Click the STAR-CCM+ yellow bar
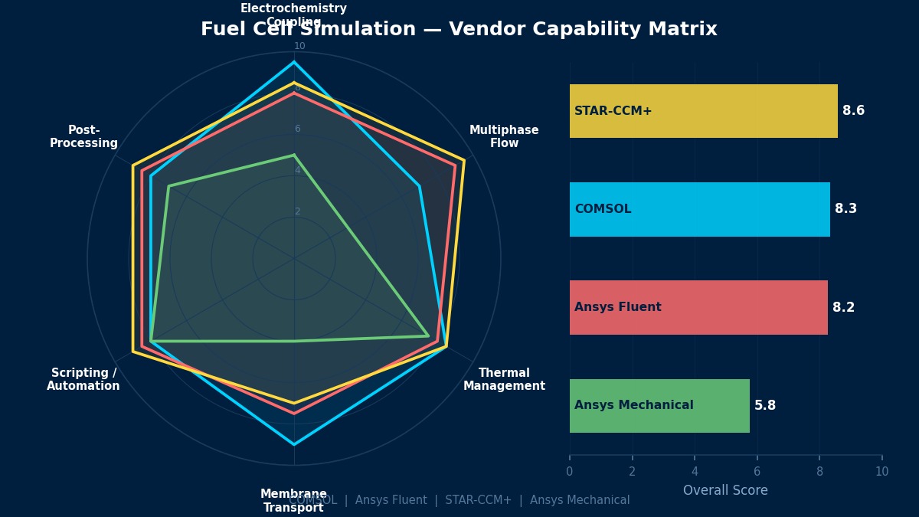point(703,111)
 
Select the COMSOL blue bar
point(699,209)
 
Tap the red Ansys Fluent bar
point(698,307)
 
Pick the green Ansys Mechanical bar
point(659,405)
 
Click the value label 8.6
point(853,111)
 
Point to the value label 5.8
point(764,406)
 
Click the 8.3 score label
point(845,209)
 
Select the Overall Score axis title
point(724,490)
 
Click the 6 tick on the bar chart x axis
point(757,472)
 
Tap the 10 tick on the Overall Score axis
point(881,472)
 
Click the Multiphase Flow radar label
point(504,136)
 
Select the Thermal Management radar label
point(504,379)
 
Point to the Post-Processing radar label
point(83,136)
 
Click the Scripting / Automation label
point(83,379)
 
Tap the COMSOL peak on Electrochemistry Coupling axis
point(294,62)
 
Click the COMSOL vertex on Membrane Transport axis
point(294,444)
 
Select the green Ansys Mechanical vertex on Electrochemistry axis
point(294,155)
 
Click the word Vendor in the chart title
point(483,30)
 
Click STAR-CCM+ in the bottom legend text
point(478,500)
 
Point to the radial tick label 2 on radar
point(298,211)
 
